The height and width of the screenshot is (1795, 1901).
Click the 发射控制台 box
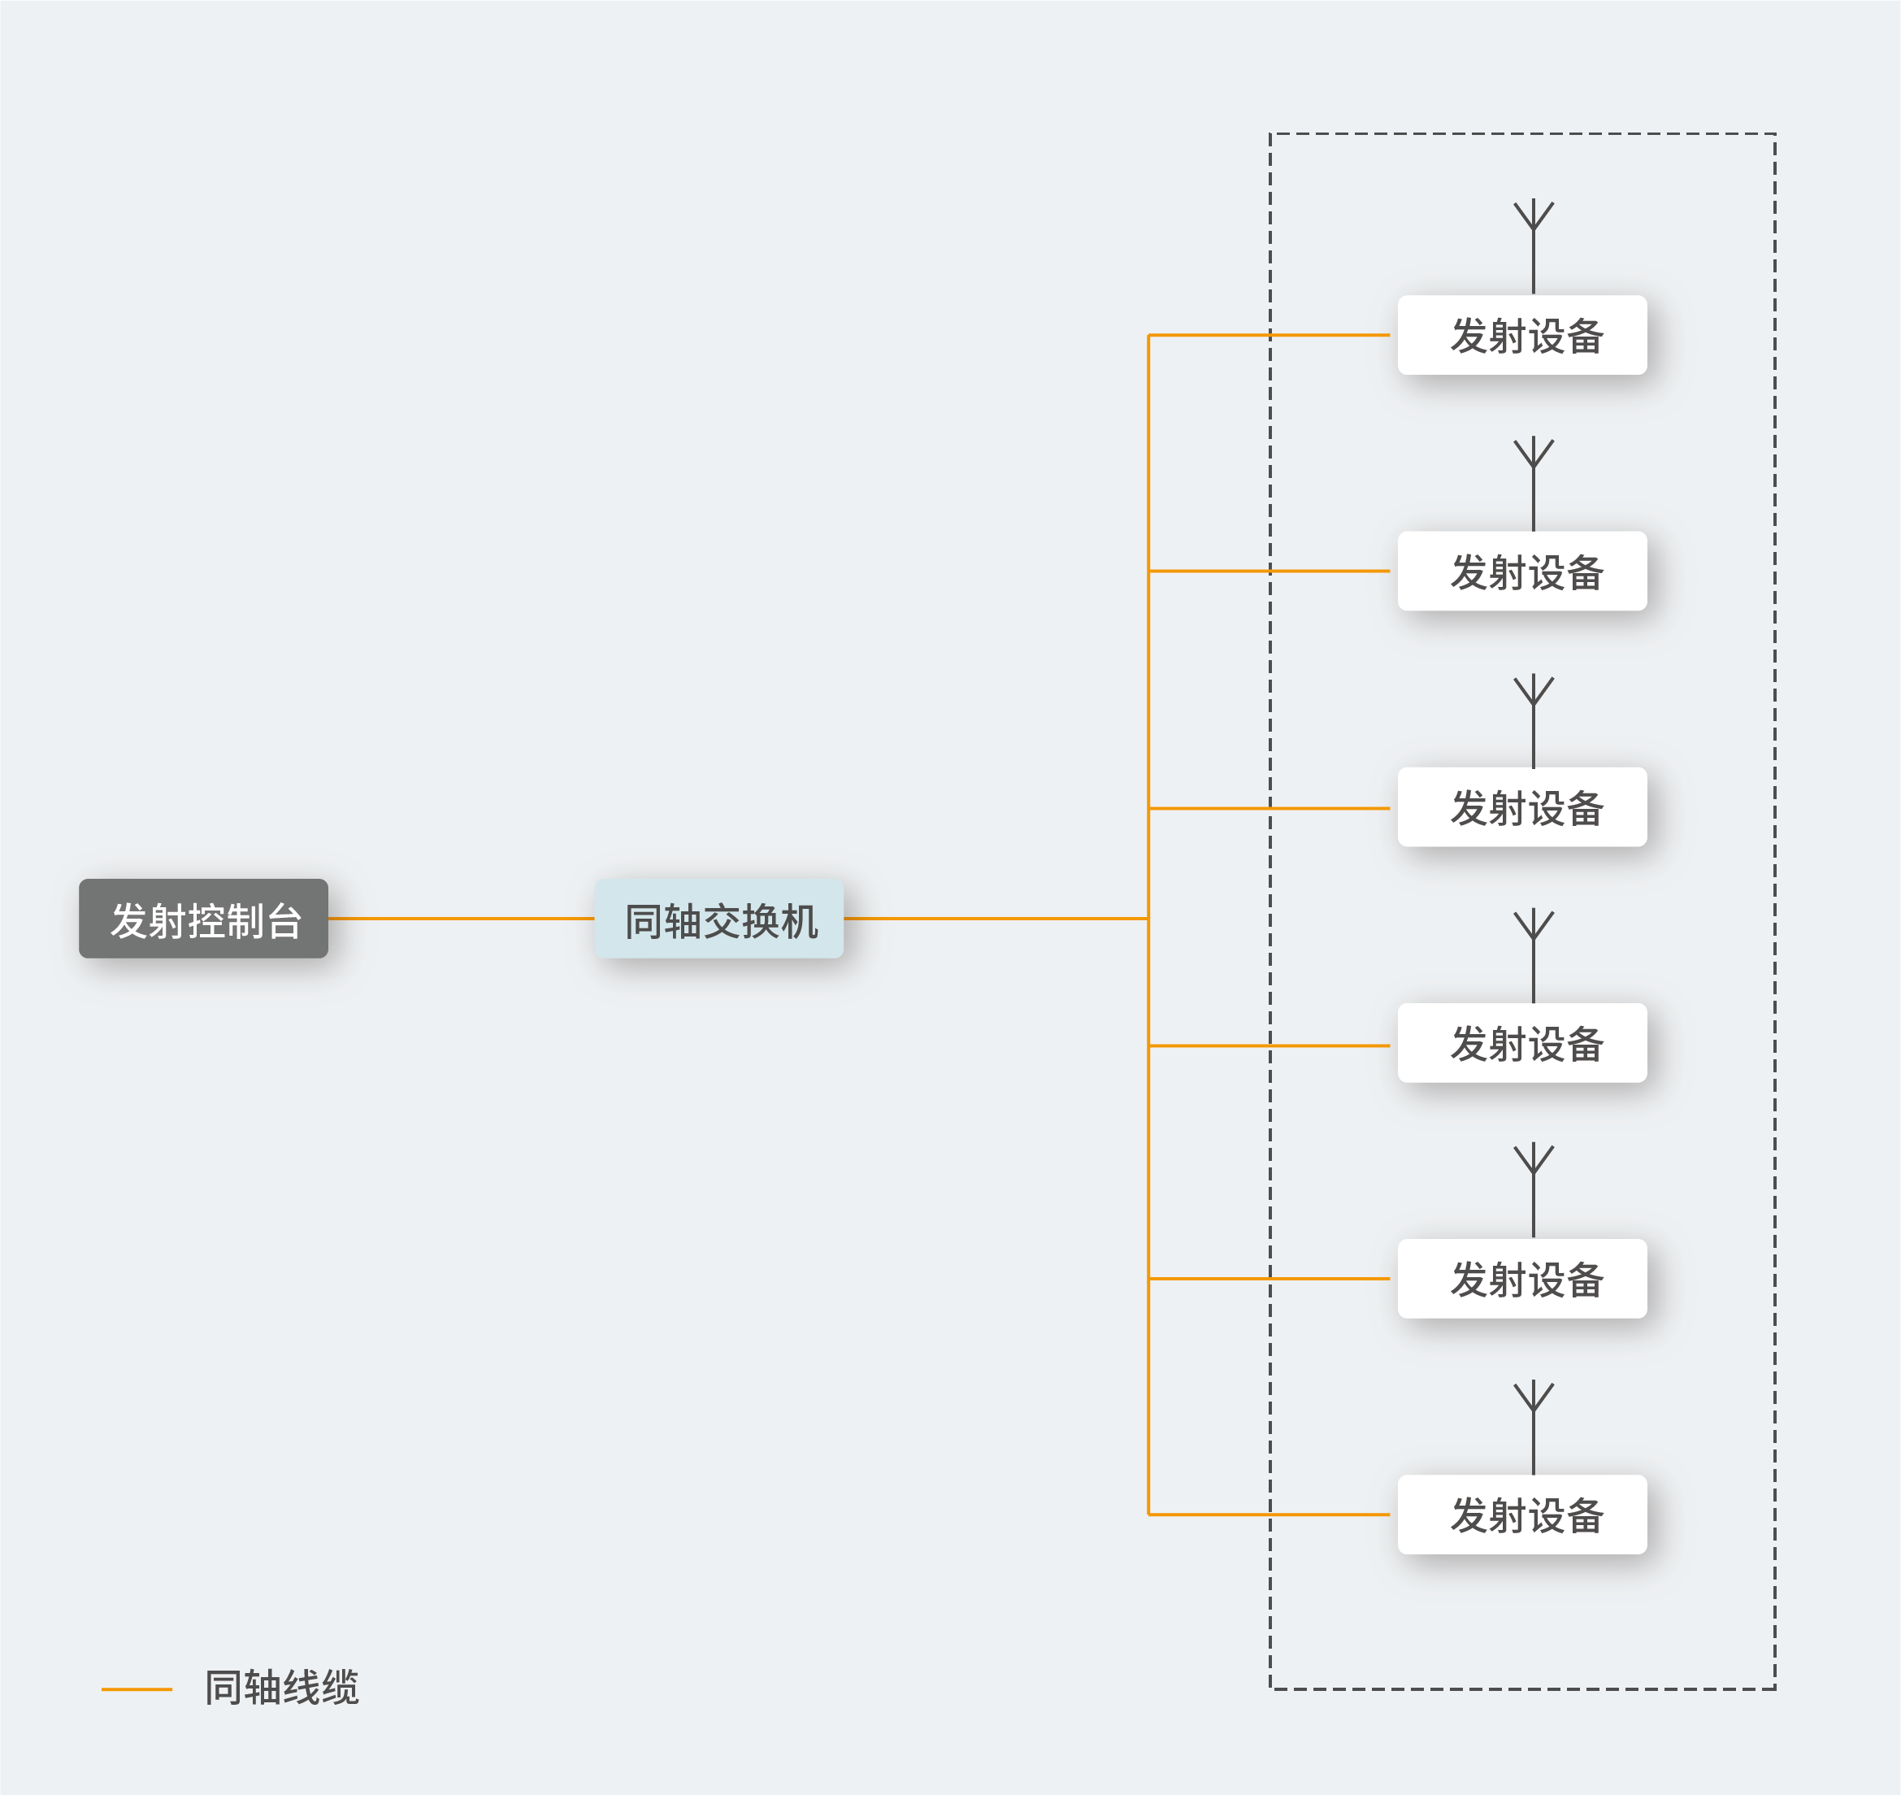click(203, 919)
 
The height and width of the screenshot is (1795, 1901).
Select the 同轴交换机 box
click(719, 919)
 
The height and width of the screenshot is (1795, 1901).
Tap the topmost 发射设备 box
click(1522, 335)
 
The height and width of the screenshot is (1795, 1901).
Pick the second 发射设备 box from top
click(1522, 572)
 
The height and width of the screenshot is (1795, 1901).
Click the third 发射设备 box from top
click(1522, 806)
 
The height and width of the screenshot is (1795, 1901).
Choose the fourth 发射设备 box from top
click(1522, 1043)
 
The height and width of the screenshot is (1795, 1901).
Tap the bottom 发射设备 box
click(1522, 1515)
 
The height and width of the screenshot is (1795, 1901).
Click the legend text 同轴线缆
click(282, 1688)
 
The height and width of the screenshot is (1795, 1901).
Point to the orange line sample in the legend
click(137, 1690)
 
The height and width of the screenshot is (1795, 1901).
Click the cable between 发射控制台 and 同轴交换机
click(461, 919)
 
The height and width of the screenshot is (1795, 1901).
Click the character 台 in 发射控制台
click(284, 920)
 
